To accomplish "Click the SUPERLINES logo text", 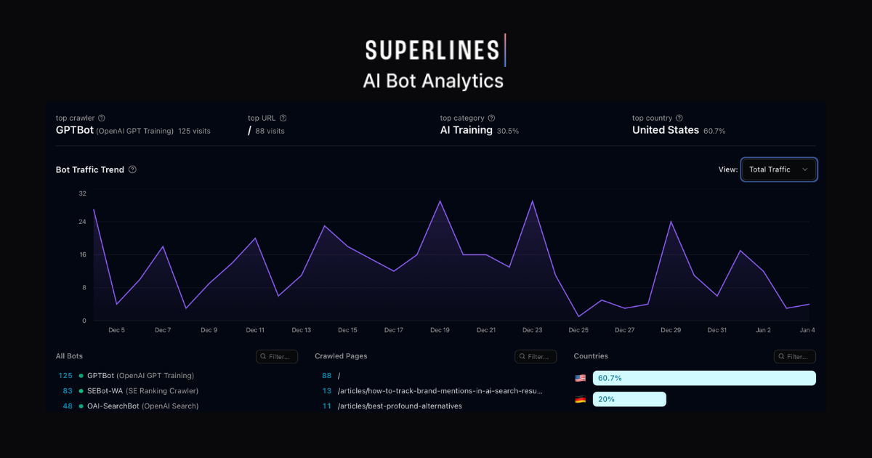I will pos(432,50).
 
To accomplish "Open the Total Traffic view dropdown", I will pos(779,169).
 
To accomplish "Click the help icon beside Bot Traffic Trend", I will pos(132,169).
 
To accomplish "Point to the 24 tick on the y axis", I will pos(82,222).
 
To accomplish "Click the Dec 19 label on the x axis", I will pos(440,330).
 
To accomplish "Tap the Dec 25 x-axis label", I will pos(578,330).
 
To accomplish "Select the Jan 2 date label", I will pos(763,330).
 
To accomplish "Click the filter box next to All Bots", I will pos(277,356).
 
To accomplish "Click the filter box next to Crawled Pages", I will pos(536,356).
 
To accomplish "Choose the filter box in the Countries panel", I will pos(794,356).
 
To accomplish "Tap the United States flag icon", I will pos(580,378).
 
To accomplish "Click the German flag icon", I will pos(580,399).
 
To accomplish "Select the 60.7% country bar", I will pos(704,378).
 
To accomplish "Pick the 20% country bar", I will pos(629,399).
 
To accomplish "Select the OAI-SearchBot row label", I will pos(113,406).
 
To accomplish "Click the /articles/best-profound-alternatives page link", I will pos(400,406).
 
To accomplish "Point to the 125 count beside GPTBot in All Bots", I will pos(65,376).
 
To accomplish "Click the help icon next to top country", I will pos(679,118).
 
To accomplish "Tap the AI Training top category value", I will pos(466,130).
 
